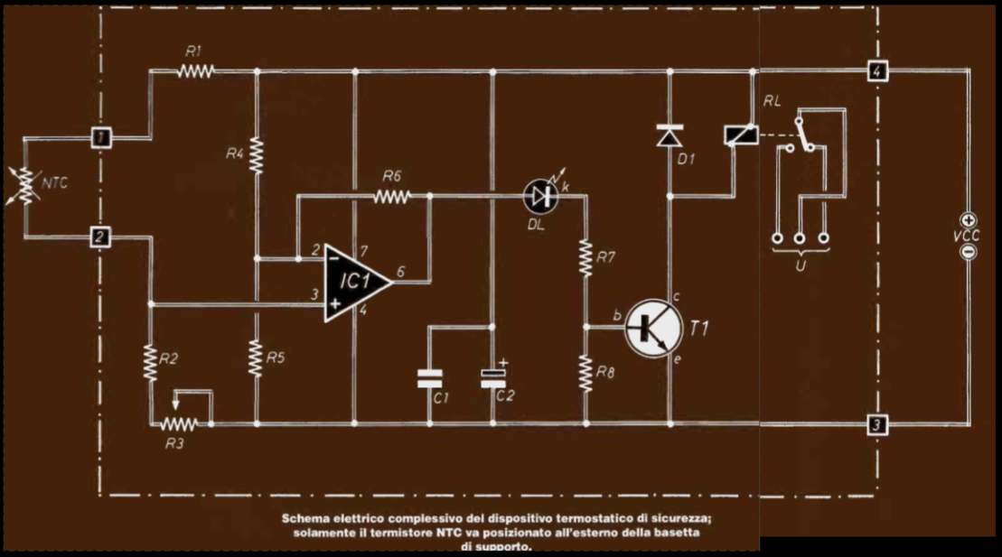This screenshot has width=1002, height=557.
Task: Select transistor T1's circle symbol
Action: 653,328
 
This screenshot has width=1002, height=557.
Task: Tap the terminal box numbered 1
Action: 100,137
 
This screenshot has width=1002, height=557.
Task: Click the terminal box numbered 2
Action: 99,237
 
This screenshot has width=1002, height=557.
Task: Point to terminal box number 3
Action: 877,424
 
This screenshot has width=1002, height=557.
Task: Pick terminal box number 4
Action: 877,70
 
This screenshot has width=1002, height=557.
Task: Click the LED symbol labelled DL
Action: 540,196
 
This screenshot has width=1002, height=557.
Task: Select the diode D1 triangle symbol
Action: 670,135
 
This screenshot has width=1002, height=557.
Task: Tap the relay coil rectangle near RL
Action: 741,135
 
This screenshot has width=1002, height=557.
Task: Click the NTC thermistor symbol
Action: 25,186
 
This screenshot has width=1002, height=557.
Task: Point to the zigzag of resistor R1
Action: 195,71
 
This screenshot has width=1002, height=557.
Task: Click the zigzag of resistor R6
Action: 392,196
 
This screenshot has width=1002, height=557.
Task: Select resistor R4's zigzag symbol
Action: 257,154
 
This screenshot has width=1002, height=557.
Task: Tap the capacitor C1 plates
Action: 429,378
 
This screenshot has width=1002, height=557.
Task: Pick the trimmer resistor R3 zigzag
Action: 178,423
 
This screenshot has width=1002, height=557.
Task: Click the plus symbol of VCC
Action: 969,220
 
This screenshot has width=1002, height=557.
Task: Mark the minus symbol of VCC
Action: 969,252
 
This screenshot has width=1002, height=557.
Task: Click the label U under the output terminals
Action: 801,265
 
